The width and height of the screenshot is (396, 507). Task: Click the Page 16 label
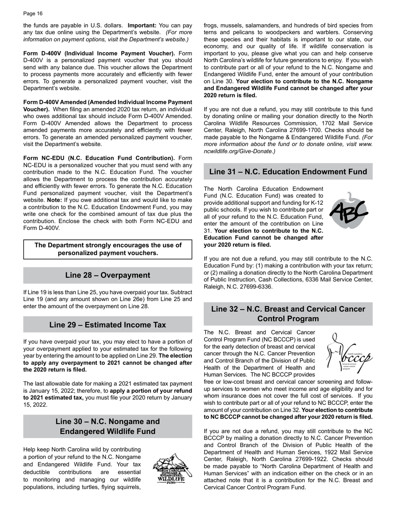click(x=33, y=14)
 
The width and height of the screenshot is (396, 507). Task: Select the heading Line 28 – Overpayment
click(x=108, y=275)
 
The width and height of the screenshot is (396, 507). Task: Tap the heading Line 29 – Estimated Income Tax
click(x=108, y=325)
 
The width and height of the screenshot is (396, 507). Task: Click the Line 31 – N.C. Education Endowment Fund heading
click(x=288, y=172)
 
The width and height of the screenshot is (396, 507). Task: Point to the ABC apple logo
click(x=349, y=211)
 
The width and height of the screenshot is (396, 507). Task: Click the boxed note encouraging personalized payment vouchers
click(x=108, y=249)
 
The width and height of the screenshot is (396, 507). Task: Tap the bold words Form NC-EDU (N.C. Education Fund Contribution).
click(x=99, y=158)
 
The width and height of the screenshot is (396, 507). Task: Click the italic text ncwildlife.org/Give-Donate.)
click(x=239, y=151)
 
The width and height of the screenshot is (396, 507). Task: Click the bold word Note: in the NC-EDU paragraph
click(x=54, y=200)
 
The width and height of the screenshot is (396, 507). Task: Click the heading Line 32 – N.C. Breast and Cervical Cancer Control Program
click(x=288, y=314)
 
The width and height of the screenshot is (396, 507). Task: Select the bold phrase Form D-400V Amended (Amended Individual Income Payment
click(x=108, y=102)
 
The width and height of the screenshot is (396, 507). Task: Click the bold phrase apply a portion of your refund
click(x=150, y=391)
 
